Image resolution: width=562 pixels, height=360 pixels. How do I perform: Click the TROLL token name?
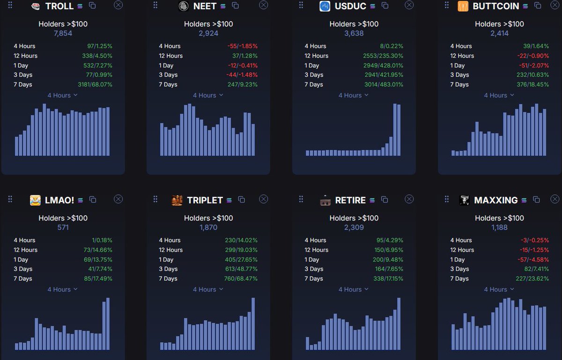tap(59, 6)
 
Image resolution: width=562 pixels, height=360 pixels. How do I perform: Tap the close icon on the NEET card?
tap(263, 5)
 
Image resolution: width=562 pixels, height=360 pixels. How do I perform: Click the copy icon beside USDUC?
tap(385, 6)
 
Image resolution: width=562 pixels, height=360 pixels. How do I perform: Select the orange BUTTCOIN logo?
tap(463, 6)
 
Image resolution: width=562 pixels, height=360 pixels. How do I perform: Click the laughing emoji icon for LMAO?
tap(35, 200)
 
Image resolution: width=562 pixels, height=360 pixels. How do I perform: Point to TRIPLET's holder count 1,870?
tap(208, 228)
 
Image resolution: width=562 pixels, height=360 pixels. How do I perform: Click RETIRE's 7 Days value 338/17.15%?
tap(388, 279)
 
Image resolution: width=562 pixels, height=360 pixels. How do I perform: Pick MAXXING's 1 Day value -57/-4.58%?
tap(533, 259)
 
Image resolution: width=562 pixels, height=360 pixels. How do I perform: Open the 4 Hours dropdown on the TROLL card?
tap(62, 96)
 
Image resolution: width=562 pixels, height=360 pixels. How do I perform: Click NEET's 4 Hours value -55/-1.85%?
tap(243, 46)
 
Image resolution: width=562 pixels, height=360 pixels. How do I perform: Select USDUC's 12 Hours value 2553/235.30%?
tap(383, 56)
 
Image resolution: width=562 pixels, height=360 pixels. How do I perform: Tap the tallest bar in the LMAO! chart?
tap(108, 323)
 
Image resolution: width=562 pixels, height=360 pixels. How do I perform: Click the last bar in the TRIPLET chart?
tap(253, 323)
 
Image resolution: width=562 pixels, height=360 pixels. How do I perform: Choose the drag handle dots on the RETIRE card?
tap(301, 199)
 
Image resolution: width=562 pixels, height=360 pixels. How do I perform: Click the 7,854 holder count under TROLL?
tap(63, 33)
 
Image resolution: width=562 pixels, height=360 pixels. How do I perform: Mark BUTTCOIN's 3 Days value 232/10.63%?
tap(532, 75)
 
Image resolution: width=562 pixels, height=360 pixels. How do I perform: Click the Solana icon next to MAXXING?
tap(524, 200)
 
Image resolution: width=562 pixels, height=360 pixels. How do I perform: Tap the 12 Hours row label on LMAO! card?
tap(26, 250)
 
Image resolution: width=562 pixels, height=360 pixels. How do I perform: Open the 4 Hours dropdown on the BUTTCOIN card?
tap(499, 96)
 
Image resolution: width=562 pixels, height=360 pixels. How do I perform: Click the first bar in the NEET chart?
tap(162, 139)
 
